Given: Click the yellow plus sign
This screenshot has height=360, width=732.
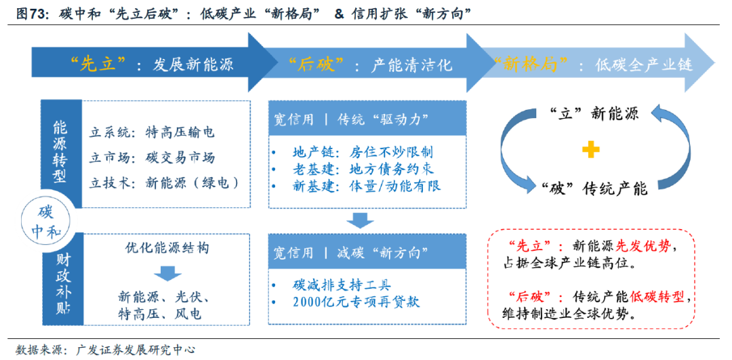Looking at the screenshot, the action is coord(590,150).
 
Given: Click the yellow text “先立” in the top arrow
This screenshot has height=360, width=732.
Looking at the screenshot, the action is coord(99,64).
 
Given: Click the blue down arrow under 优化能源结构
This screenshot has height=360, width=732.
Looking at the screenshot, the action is coord(166,273).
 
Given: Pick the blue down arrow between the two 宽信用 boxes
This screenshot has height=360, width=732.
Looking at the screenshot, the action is coord(360,220).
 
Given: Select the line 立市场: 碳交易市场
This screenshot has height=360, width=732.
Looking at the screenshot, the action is coord(152,157).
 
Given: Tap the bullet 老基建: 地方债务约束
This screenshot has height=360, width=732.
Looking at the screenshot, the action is coord(363,168).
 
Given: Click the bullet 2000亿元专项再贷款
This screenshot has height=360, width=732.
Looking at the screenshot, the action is coord(356,301).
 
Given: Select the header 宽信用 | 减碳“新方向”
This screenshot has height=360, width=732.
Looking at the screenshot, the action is coord(350,253).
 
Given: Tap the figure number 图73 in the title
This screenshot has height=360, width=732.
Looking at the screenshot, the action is coord(30,13).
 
